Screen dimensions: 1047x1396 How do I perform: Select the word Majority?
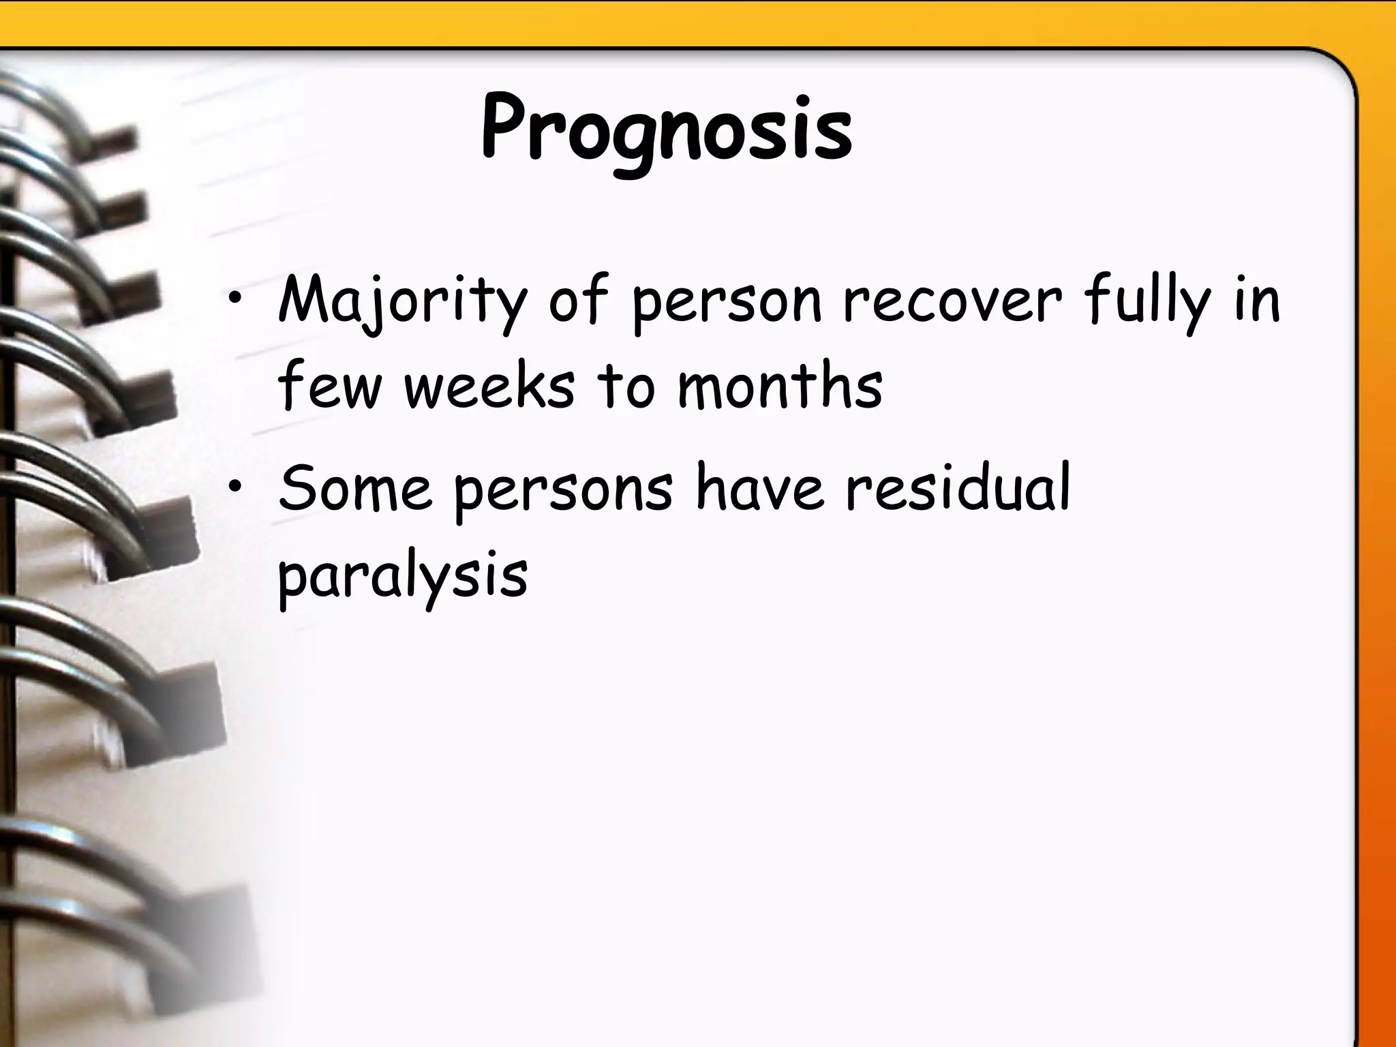(x=402, y=301)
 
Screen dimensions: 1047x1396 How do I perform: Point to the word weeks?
(x=489, y=386)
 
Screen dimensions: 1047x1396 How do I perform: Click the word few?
(x=328, y=386)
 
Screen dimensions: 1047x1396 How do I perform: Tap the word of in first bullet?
(x=578, y=301)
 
